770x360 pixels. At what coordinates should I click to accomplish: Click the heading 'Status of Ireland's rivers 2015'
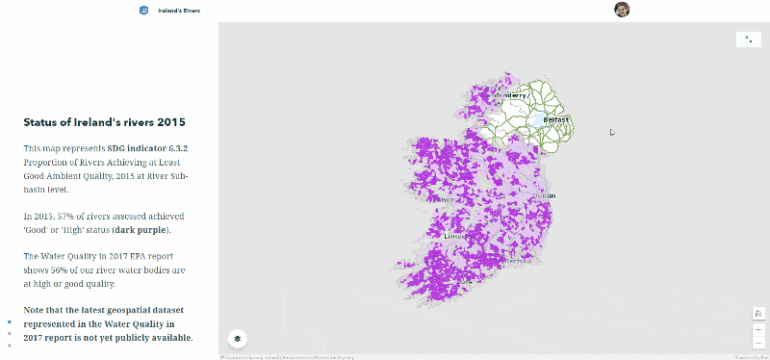pos(104,122)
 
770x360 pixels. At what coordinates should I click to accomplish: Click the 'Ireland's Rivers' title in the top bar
pos(179,10)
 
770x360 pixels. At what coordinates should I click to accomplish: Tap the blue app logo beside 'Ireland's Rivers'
pos(143,10)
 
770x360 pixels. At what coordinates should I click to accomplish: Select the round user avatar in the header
pos(622,10)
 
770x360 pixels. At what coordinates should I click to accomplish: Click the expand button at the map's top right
pos(748,39)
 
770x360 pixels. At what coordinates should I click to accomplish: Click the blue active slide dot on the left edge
pos(10,321)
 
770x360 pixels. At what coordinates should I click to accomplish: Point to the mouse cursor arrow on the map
pos(611,133)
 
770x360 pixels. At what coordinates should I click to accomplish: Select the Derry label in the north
pos(512,95)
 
